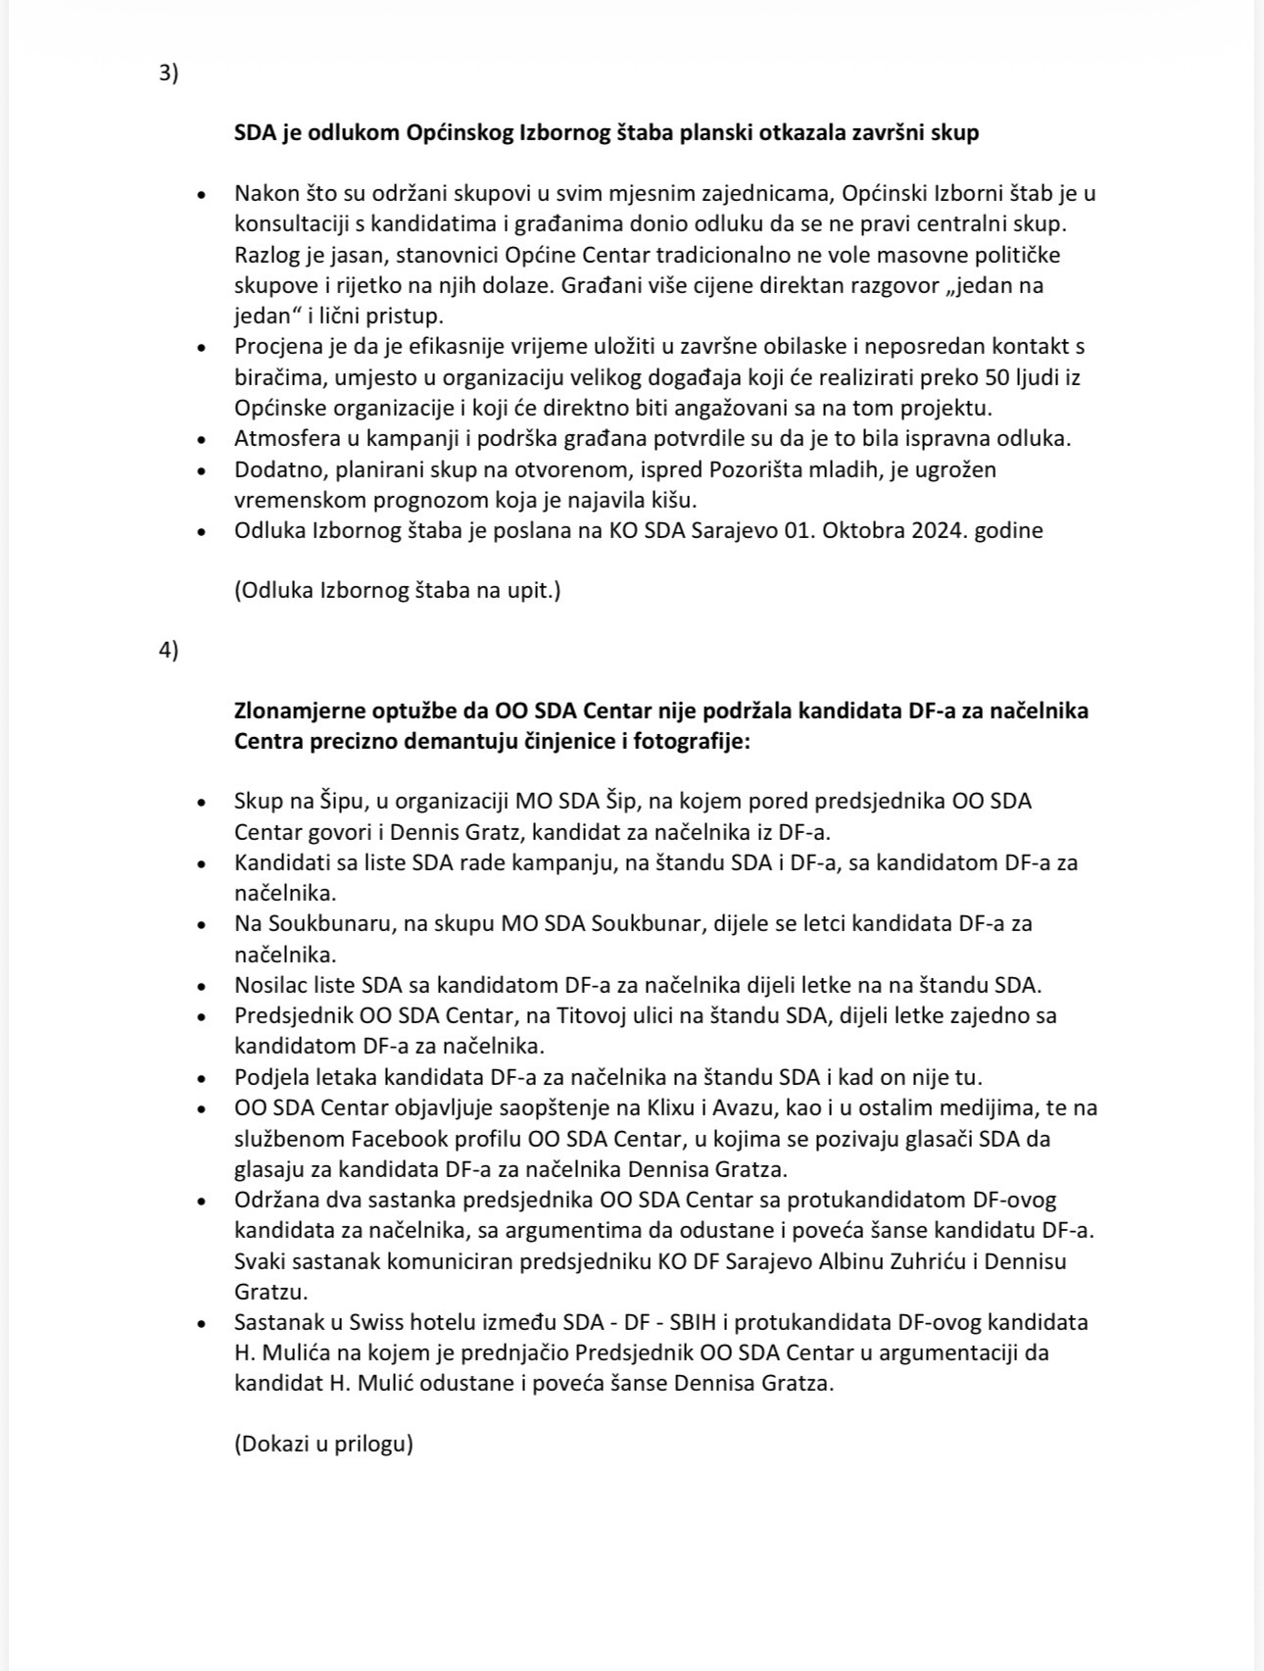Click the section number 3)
(x=169, y=74)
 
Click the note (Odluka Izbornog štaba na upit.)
(x=397, y=590)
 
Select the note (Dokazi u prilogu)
(x=323, y=1444)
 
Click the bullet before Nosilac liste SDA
(x=202, y=986)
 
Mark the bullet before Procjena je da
(x=202, y=347)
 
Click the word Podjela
(x=271, y=1077)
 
